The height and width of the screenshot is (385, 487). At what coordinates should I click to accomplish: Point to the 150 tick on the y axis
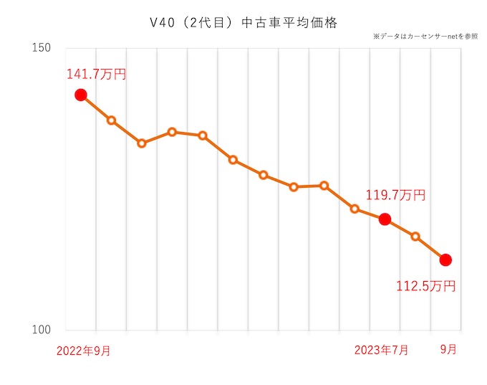click(x=41, y=48)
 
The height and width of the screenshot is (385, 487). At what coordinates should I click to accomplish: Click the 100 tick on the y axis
click(x=41, y=331)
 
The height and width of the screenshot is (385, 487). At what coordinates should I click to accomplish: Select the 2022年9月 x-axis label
click(x=84, y=351)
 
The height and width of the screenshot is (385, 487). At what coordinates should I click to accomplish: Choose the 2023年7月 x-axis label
click(x=382, y=351)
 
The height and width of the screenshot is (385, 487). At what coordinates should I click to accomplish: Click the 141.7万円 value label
click(x=97, y=74)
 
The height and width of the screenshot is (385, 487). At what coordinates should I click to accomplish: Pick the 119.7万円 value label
click(x=396, y=195)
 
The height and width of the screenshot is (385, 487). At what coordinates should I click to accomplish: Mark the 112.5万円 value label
click(x=426, y=286)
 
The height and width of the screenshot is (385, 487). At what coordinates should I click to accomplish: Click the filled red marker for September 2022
click(x=81, y=95)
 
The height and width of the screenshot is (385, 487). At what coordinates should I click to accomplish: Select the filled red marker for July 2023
click(x=385, y=219)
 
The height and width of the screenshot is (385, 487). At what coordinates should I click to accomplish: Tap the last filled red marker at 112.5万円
click(x=445, y=260)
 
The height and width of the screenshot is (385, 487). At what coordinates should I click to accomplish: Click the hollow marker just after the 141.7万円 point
click(x=112, y=120)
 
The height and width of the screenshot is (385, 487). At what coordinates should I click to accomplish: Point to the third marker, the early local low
click(x=142, y=143)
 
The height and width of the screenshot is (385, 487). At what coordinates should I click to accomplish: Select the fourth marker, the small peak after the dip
click(x=173, y=132)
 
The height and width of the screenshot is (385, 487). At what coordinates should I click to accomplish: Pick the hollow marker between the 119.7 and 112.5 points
click(x=415, y=237)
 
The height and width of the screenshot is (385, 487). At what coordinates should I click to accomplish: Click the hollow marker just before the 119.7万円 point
click(x=355, y=209)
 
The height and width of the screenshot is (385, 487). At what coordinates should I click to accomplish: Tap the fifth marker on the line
click(x=203, y=136)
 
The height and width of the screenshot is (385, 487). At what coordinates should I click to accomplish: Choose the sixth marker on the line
click(x=233, y=160)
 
